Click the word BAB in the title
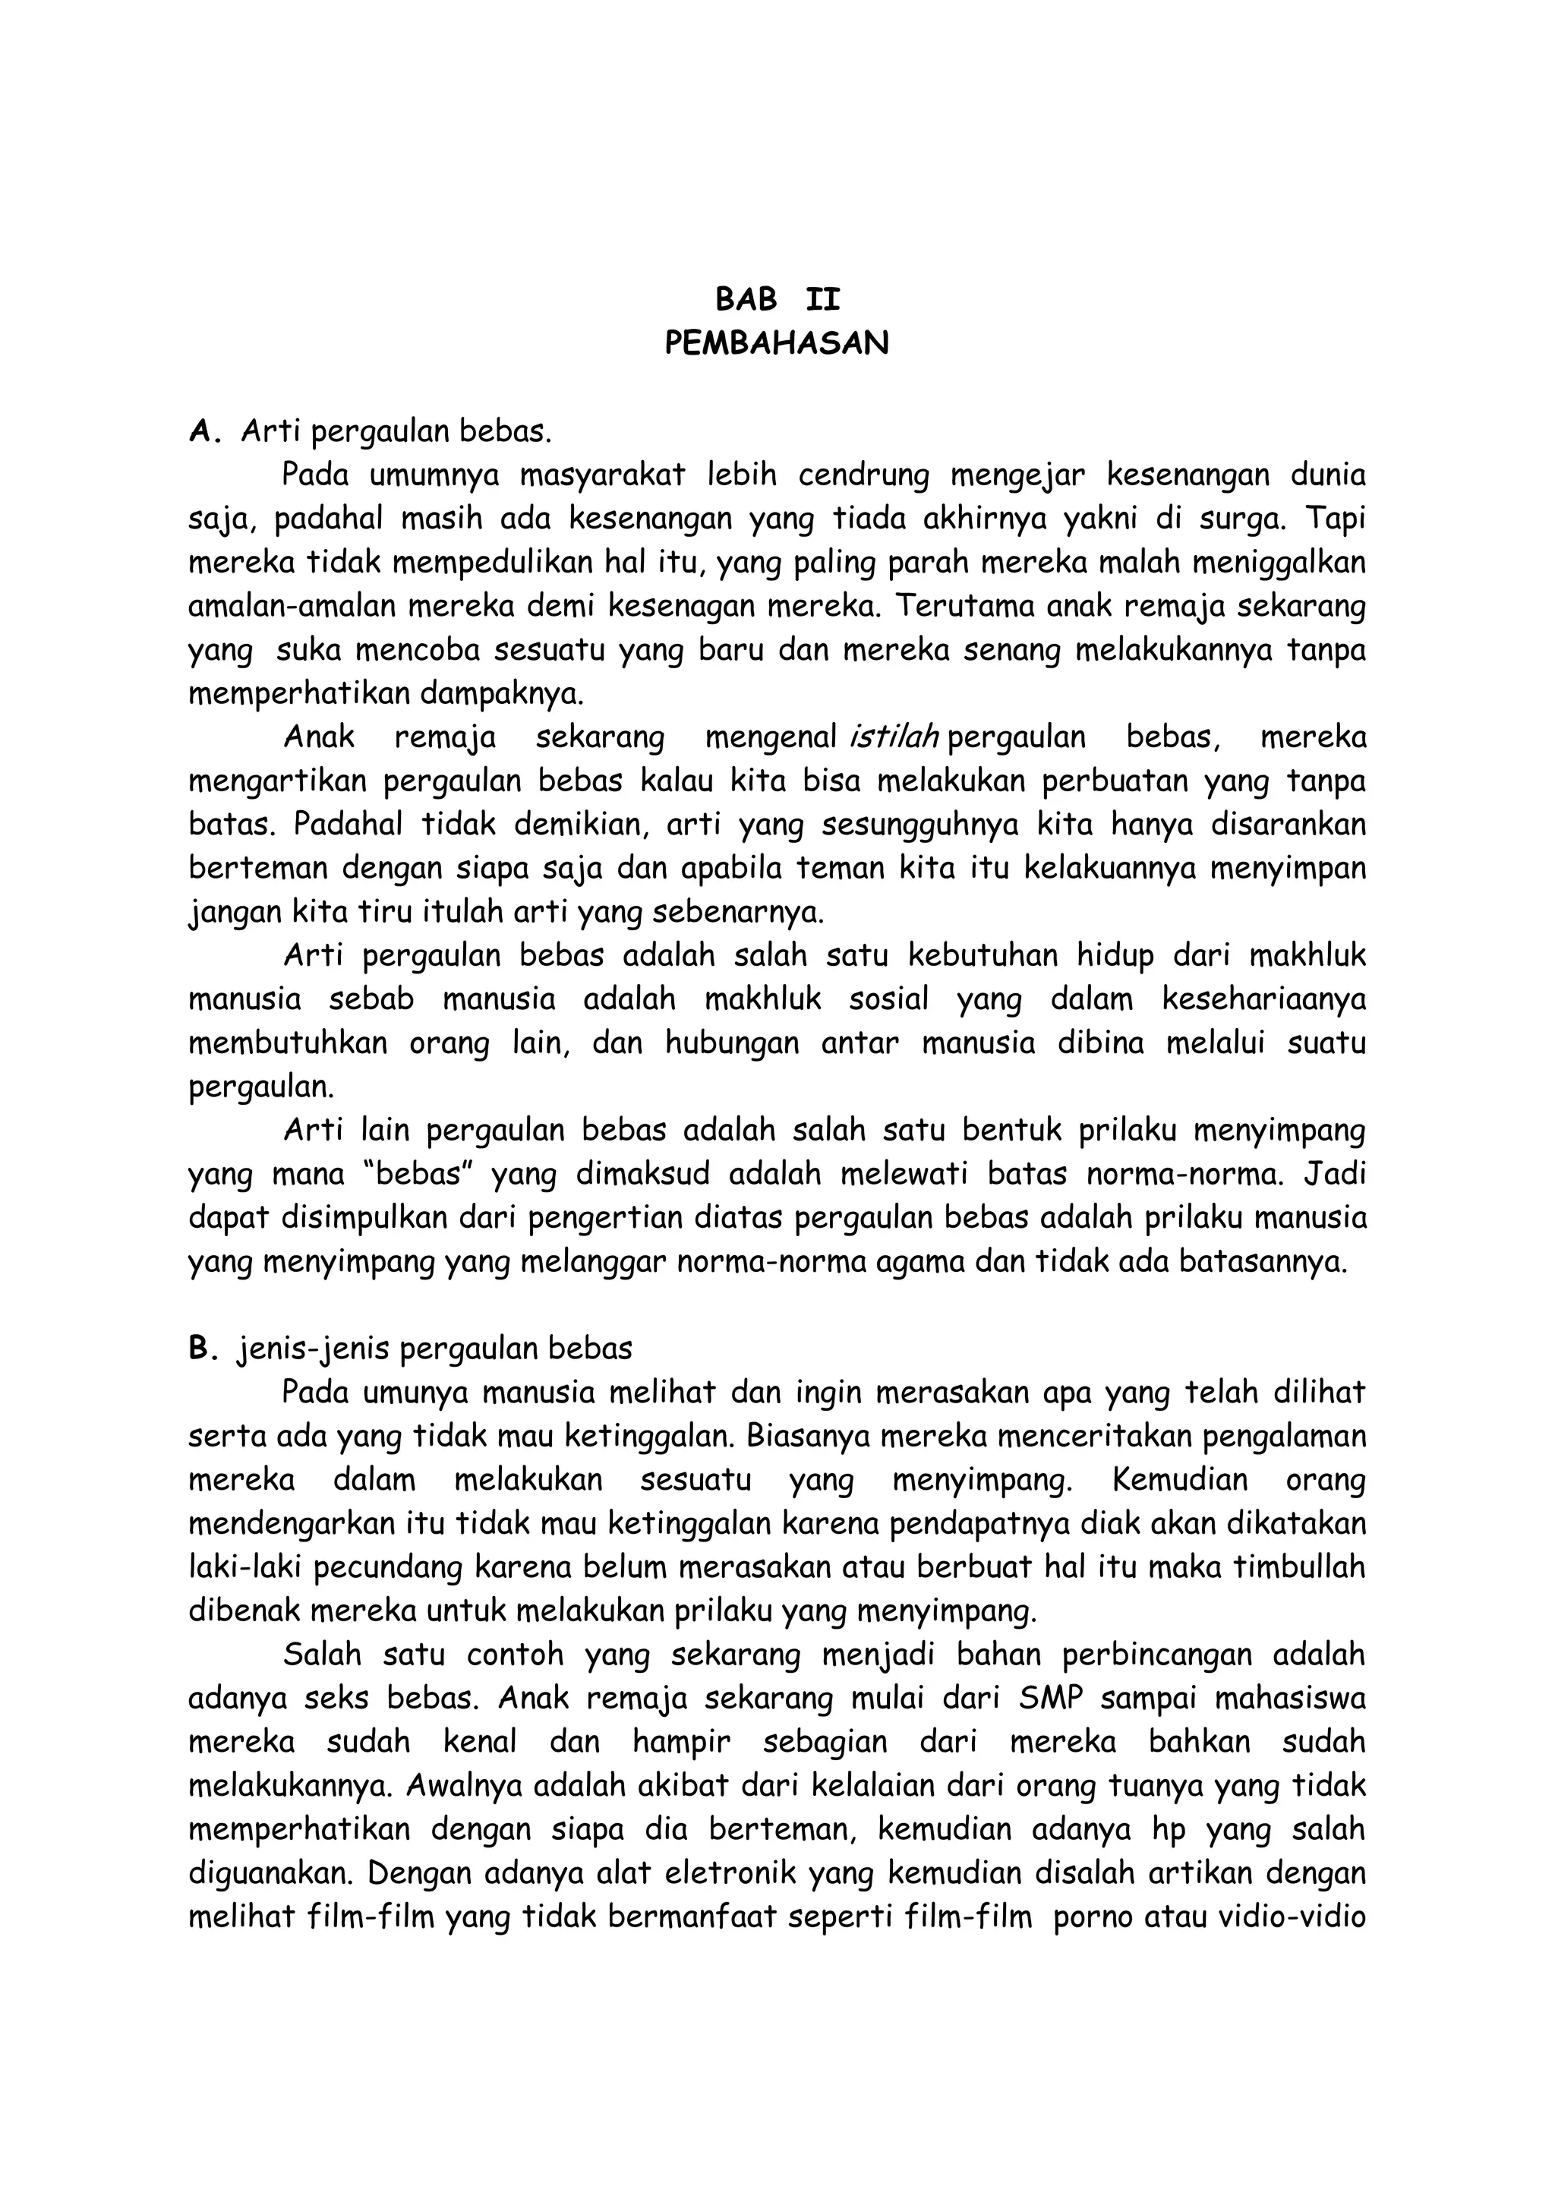(746, 301)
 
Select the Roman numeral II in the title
(822, 301)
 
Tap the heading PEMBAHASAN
(777, 344)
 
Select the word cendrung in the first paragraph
(863, 475)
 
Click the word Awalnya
(463, 1785)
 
